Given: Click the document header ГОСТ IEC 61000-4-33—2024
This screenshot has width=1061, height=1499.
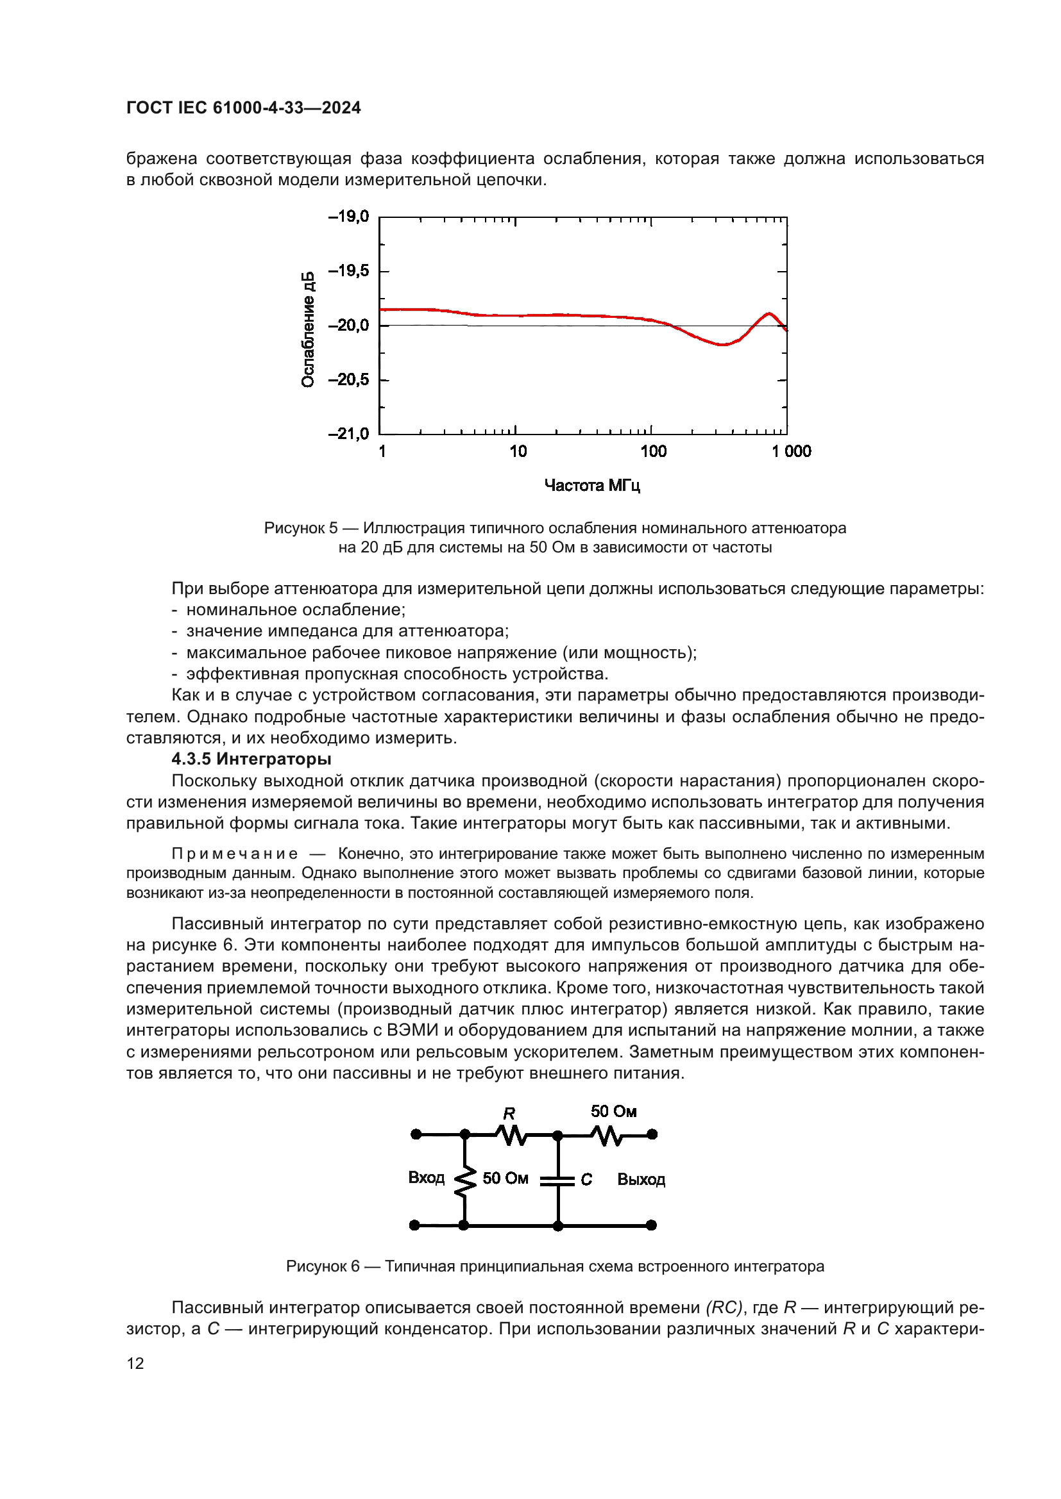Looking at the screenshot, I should tap(243, 108).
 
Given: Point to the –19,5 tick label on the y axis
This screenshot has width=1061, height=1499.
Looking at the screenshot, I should tap(348, 270).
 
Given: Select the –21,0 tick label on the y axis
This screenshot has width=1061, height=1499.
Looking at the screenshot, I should tap(348, 433).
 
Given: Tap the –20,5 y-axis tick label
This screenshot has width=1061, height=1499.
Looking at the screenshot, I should tap(348, 379).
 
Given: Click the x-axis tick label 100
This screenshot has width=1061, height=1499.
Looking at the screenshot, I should tap(653, 451).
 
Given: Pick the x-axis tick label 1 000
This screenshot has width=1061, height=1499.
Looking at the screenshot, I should tap(791, 451).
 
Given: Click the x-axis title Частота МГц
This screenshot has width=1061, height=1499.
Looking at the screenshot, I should tap(592, 485).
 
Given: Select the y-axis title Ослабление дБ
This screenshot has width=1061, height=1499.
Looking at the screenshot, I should tap(308, 329).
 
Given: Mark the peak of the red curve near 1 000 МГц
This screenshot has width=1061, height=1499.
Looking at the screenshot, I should tap(770, 314).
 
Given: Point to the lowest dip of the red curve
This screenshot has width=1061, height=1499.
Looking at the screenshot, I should tap(722, 344).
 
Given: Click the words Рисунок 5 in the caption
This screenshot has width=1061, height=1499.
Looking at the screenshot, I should tap(300, 527).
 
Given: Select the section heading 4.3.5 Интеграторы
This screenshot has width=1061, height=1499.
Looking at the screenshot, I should tap(251, 759).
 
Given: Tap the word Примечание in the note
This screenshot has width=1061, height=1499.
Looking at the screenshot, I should tap(235, 853).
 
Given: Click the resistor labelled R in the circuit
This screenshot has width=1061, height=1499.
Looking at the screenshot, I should tap(511, 1135).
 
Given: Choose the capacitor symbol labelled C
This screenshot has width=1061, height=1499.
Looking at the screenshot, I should tap(558, 1180).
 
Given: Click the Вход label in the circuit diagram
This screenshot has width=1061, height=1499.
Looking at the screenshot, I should tap(426, 1177).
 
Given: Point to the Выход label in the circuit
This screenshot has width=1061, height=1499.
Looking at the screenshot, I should tap(641, 1179).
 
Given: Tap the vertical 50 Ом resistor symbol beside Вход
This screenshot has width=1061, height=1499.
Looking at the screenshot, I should tap(464, 1182).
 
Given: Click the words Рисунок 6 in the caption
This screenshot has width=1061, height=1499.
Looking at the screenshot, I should tap(323, 1266).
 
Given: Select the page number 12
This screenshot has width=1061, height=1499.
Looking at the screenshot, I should tap(135, 1363).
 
